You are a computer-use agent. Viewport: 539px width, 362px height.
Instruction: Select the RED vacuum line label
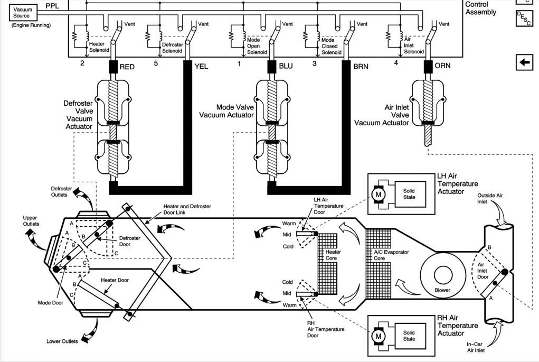(127, 67)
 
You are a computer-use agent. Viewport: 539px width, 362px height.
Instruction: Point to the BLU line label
(286, 67)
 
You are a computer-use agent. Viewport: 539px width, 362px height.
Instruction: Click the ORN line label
(442, 67)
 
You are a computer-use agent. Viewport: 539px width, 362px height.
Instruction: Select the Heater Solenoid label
(98, 47)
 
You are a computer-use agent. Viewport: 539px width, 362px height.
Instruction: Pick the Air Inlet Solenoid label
(413, 45)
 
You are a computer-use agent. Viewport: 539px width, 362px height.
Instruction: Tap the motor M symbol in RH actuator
(379, 336)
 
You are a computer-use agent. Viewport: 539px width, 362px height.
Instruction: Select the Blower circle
(442, 276)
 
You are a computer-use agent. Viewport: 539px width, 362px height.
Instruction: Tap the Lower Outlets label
(62, 341)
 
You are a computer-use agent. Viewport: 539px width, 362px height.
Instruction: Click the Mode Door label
(51, 303)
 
